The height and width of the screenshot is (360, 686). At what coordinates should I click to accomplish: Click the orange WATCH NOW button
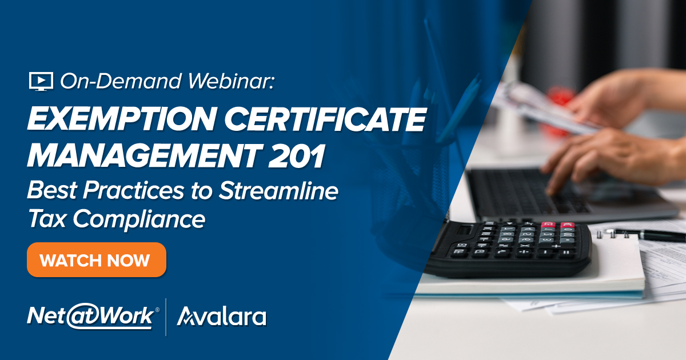tap(97, 260)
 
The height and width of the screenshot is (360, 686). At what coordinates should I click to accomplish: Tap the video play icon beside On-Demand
tap(41, 81)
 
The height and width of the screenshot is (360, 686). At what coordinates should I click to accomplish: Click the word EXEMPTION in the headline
tap(122, 119)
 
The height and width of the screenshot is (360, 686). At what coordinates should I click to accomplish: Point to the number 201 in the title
tap(297, 155)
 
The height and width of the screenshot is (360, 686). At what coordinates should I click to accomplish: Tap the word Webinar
tap(230, 81)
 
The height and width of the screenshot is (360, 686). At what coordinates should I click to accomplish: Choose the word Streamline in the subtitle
tap(278, 190)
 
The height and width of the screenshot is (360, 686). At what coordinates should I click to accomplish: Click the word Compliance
tap(139, 220)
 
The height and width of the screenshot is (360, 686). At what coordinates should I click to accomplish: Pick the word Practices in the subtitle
tap(133, 190)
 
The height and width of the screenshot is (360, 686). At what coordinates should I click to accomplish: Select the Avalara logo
tap(222, 316)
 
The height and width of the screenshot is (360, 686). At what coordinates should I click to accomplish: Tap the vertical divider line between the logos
tap(166, 317)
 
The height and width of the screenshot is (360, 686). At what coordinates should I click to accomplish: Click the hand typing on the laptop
tap(609, 159)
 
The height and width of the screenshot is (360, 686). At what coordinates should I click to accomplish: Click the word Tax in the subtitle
tap(46, 219)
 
